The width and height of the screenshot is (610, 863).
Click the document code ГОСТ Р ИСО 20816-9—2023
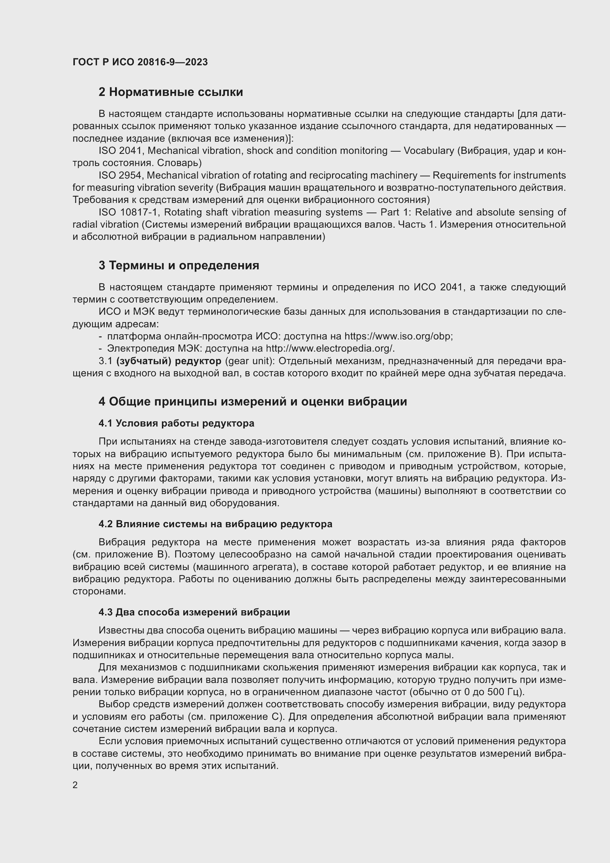click(x=140, y=62)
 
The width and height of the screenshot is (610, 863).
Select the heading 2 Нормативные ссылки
click(x=170, y=92)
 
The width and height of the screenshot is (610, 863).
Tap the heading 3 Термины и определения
click(x=179, y=265)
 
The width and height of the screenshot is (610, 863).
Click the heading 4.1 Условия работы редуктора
click(x=176, y=423)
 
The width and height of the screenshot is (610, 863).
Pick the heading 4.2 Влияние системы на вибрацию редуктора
click(x=215, y=524)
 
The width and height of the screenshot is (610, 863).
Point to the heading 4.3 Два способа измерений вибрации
click(x=194, y=612)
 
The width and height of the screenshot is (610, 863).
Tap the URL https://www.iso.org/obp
click(x=398, y=336)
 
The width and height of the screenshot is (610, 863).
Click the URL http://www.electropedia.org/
click(x=330, y=348)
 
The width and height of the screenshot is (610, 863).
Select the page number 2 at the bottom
click(x=75, y=785)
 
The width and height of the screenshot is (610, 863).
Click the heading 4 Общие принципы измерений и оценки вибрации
click(x=252, y=402)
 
